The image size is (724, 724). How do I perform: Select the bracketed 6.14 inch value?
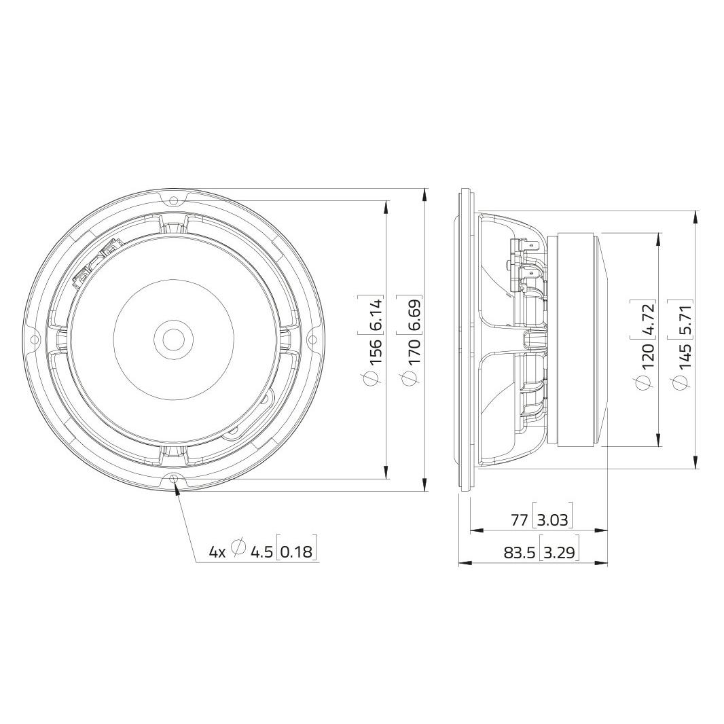click(x=376, y=314)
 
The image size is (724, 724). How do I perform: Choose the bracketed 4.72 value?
click(x=648, y=318)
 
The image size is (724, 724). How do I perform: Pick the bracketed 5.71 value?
click(x=686, y=319)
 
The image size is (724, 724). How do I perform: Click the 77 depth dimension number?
click(x=520, y=520)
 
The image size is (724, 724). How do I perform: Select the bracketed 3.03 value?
click(x=553, y=520)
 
